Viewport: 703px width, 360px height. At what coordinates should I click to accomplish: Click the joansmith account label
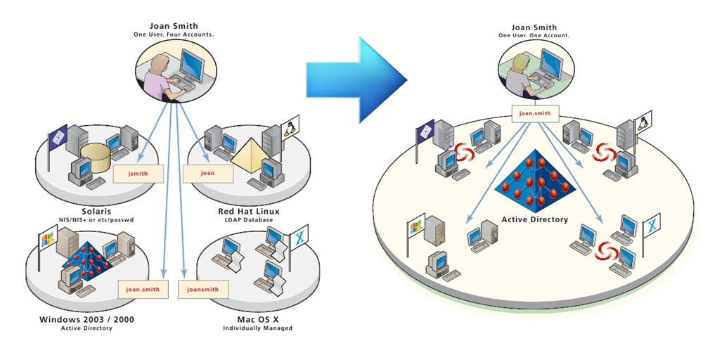[202, 289]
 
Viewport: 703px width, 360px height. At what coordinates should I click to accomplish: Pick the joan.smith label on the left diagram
[143, 289]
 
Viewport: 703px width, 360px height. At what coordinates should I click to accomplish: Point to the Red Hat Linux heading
[249, 211]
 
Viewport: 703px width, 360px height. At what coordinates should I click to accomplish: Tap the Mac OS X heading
[257, 320]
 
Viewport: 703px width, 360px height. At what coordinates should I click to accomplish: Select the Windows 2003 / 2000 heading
[87, 320]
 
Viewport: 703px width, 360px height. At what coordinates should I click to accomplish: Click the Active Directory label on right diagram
[534, 219]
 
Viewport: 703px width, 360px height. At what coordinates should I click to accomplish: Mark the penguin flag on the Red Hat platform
[289, 128]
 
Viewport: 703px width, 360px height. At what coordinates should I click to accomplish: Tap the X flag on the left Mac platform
[300, 238]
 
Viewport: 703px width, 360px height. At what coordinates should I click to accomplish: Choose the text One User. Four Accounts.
[173, 34]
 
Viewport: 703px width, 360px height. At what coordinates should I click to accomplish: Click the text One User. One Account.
[534, 35]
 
